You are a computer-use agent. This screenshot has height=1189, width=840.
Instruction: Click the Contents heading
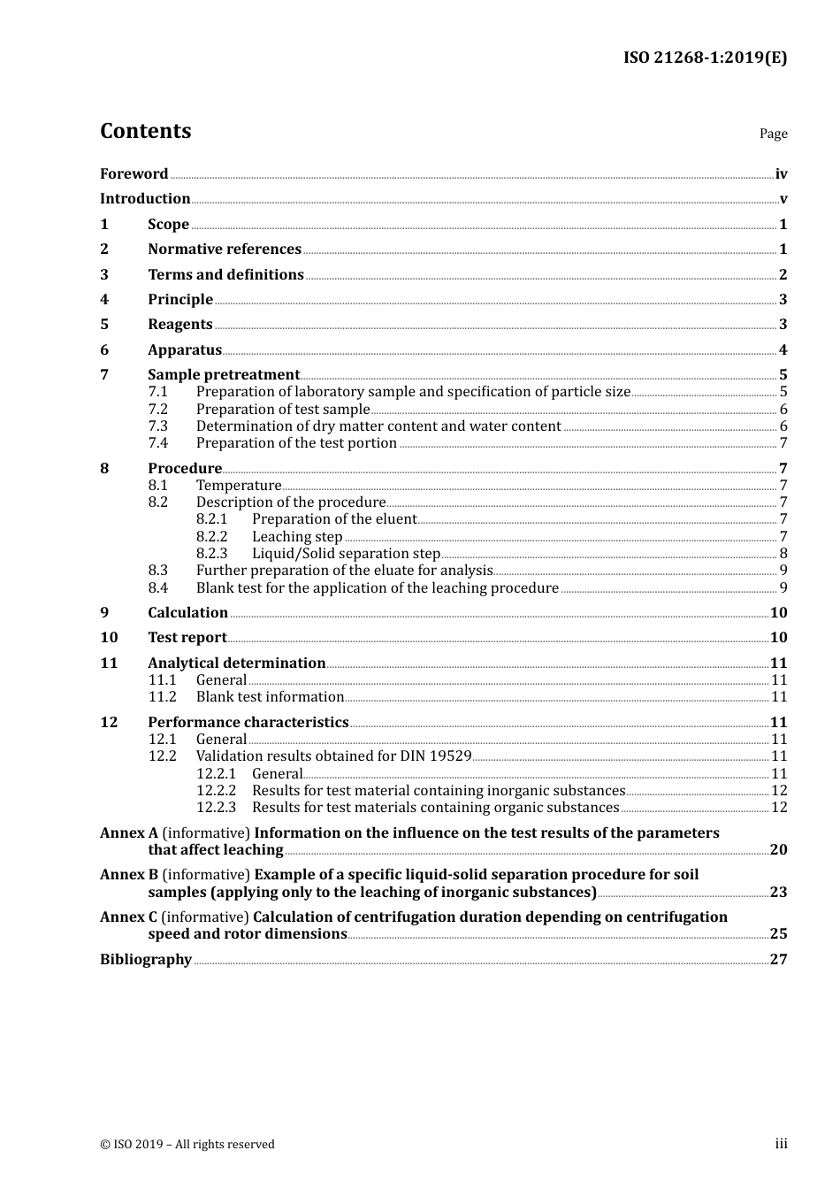[x=145, y=131]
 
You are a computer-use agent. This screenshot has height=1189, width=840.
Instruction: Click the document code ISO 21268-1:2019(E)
[x=705, y=58]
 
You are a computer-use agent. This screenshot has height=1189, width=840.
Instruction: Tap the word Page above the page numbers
[x=773, y=134]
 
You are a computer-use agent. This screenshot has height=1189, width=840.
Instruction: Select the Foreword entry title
[x=134, y=174]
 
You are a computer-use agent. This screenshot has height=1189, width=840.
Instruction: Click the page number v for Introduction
[x=783, y=199]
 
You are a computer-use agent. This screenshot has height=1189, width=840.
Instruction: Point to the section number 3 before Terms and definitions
[x=104, y=275]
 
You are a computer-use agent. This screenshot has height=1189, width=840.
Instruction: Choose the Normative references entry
[x=224, y=249]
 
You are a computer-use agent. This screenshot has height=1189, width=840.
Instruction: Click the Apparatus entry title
[x=184, y=350]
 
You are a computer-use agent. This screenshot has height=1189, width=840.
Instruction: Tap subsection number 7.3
[x=157, y=426]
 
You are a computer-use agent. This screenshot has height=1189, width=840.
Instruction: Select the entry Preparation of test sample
[x=282, y=410]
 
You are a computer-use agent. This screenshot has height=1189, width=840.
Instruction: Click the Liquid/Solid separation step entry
[x=346, y=554]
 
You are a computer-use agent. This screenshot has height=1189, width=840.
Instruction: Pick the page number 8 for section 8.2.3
[x=783, y=554]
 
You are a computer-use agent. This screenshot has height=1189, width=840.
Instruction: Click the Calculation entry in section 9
[x=187, y=613]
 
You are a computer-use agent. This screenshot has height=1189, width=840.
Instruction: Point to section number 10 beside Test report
[x=109, y=638]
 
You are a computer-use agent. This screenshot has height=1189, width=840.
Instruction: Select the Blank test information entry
[x=269, y=697]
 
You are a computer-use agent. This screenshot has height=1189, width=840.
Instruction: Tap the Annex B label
[x=129, y=875]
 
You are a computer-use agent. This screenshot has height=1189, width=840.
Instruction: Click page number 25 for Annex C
[x=778, y=934]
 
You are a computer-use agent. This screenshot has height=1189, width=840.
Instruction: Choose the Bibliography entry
[x=146, y=960]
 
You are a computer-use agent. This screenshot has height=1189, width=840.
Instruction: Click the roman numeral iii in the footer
[x=781, y=1144]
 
